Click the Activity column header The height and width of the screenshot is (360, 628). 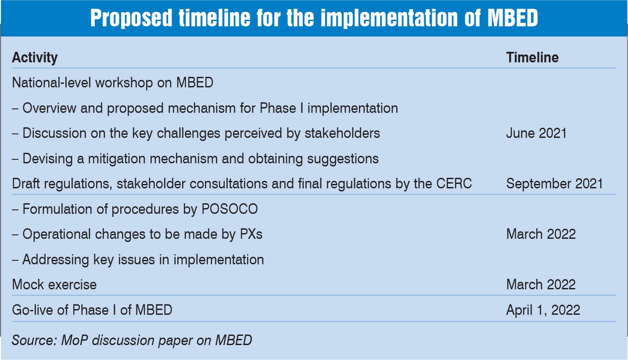pyautogui.click(x=35, y=58)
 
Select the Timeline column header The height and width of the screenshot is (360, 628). pyautogui.click(x=532, y=58)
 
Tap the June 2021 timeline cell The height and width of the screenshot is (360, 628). pyautogui.click(x=536, y=133)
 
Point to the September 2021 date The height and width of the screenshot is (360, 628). pyautogui.click(x=555, y=184)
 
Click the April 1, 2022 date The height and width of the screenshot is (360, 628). pyautogui.click(x=543, y=310)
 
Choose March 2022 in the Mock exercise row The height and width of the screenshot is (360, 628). pyautogui.click(x=541, y=284)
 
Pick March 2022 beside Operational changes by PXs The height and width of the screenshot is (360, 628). pyautogui.click(x=541, y=234)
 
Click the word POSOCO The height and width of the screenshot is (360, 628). pyautogui.click(x=230, y=209)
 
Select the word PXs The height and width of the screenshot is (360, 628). pyautogui.click(x=251, y=234)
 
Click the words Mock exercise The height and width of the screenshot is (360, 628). pyautogui.click(x=54, y=284)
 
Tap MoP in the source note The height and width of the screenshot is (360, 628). pyautogui.click(x=75, y=340)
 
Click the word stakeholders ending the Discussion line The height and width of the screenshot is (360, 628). pyautogui.click(x=342, y=133)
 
